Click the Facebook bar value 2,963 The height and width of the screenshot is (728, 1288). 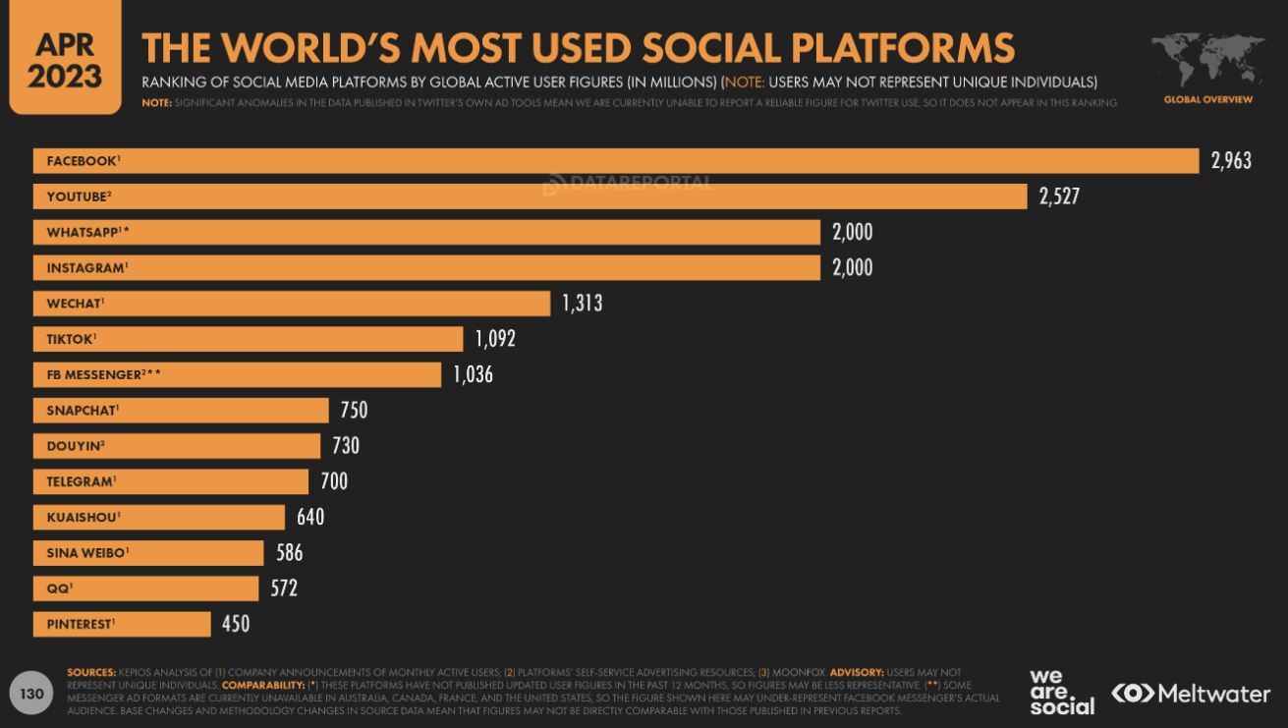pos(1231,161)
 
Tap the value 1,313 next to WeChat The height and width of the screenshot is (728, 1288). pos(582,304)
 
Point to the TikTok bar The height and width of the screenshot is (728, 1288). pos(248,339)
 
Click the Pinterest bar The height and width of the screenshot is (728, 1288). pos(122,624)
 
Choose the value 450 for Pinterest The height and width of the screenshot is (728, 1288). pos(235,624)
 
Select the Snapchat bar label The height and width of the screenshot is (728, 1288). pos(83,411)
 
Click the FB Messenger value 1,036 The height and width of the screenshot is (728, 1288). pos(473,374)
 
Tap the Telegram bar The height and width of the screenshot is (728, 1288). pos(171,481)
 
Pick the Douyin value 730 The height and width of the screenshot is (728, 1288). pos(345,446)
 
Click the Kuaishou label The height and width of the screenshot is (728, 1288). pos(83,517)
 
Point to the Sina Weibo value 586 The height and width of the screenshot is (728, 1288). pos(289,553)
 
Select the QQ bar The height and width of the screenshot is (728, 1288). pos(145,588)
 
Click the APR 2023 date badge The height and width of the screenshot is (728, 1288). pos(65,58)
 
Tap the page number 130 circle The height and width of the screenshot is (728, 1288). pos(32,695)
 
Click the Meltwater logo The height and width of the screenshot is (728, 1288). pos(1191,694)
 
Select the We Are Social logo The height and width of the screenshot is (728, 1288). pos(1061,693)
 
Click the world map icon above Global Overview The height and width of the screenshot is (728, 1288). pos(1207,61)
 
